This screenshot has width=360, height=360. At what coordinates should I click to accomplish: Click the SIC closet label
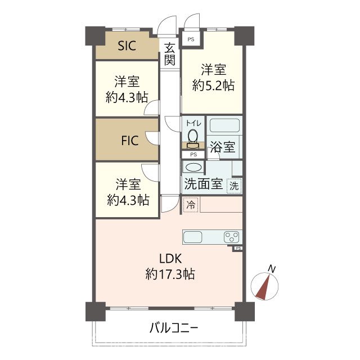[x=127, y=47]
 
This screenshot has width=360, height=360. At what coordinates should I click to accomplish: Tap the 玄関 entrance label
[x=170, y=55]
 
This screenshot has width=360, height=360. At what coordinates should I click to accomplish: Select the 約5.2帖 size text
[x=213, y=86]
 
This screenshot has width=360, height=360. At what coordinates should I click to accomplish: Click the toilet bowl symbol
[x=193, y=137]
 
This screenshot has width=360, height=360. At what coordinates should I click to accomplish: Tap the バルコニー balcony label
[x=174, y=328]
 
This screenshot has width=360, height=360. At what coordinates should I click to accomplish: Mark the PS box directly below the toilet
[x=193, y=154]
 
